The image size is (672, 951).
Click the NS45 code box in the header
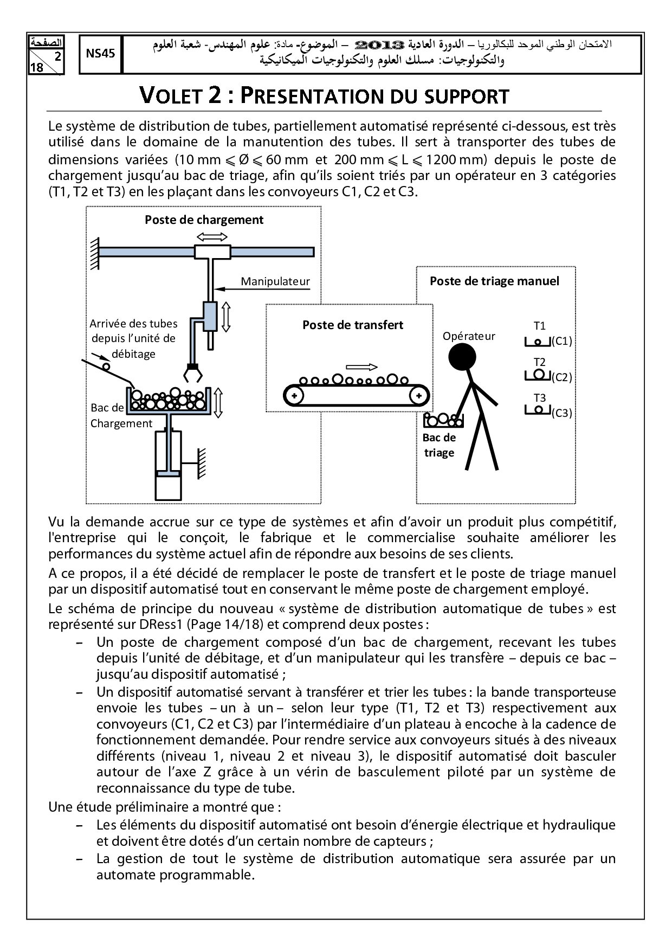(x=100, y=54)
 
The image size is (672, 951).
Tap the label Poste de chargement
(x=204, y=220)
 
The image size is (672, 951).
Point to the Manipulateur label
(x=275, y=281)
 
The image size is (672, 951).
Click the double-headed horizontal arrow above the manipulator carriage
(x=212, y=236)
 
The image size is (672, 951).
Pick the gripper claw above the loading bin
(x=193, y=372)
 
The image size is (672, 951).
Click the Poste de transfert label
(x=353, y=325)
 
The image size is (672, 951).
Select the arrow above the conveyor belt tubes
(x=361, y=366)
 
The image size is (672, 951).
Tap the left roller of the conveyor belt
(x=294, y=395)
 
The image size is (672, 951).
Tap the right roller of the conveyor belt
(x=418, y=395)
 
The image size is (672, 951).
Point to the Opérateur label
(x=469, y=336)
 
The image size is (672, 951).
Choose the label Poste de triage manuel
(x=494, y=281)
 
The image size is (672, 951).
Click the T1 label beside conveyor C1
(x=540, y=326)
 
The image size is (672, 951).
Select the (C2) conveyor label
(x=561, y=377)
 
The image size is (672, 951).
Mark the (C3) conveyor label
(x=561, y=413)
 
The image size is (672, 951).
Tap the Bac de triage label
(x=439, y=445)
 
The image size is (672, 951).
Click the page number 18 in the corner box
(x=37, y=68)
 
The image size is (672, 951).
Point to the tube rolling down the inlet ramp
(x=107, y=367)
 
